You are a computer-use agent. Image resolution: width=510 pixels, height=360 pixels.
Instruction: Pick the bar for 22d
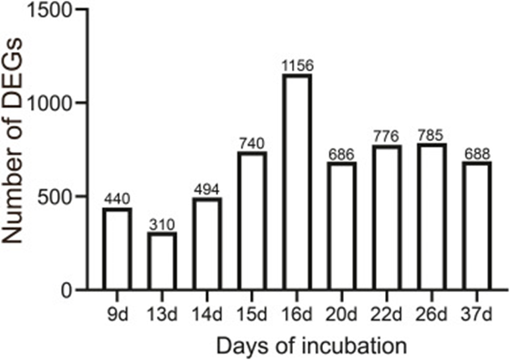tap(387, 217)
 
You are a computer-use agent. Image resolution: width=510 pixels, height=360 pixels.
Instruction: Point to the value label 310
tap(163, 224)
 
